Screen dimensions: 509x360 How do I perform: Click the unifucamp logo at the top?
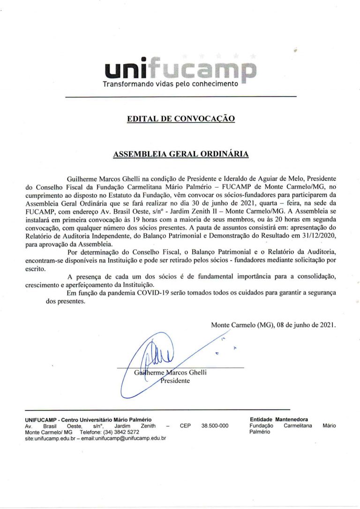pos(180,69)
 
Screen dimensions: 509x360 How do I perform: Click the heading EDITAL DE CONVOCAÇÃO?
pos(181,119)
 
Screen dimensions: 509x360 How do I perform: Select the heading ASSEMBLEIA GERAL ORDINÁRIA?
pos(180,153)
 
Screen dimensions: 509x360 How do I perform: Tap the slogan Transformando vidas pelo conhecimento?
pos(171,84)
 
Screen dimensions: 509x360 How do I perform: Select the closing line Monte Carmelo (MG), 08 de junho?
pos(274,324)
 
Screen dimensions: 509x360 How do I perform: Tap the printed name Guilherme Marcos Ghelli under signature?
pos(170,373)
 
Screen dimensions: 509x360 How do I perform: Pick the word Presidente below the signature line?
pos(175,381)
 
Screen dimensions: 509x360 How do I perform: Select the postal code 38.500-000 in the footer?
pos(215,426)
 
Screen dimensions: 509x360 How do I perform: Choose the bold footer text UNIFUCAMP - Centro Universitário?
pos(88,419)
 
